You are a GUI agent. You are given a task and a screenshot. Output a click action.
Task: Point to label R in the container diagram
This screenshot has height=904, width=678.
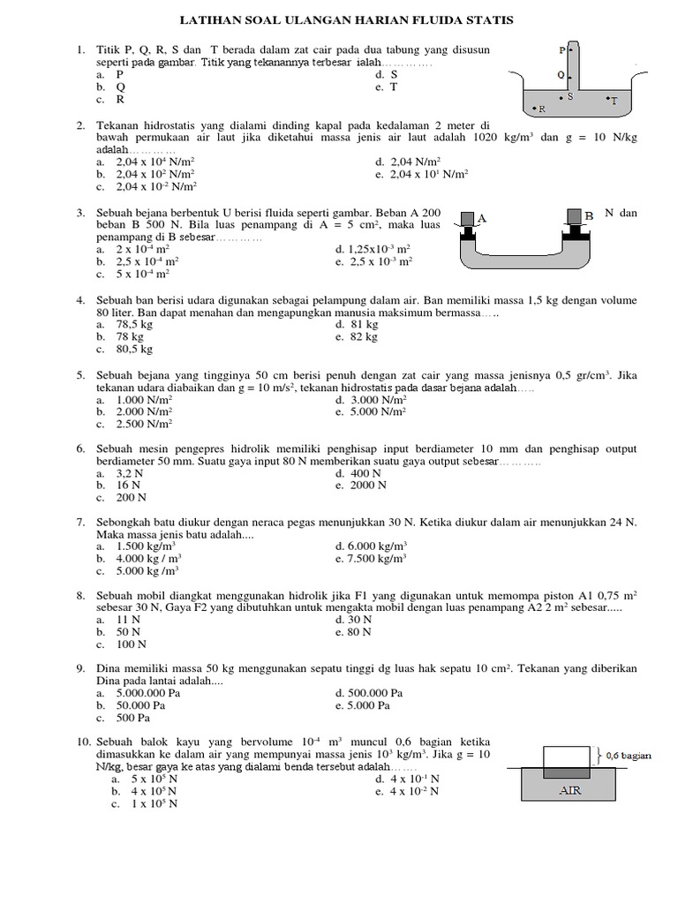click(541, 110)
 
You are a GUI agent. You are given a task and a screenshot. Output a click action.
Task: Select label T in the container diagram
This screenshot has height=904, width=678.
click(614, 101)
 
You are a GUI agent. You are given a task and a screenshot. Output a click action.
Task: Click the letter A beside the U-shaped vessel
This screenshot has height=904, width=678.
click(483, 216)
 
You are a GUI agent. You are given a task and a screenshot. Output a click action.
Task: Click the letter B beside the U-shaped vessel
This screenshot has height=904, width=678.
click(589, 216)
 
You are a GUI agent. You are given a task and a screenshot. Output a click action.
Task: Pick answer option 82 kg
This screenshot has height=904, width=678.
click(367, 337)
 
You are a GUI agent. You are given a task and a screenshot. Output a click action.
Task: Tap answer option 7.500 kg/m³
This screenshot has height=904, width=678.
click(382, 559)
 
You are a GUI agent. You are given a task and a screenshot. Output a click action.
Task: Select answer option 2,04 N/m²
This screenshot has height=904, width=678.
click(408, 162)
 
